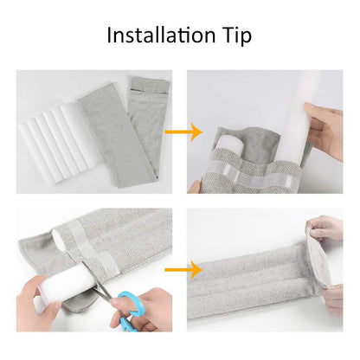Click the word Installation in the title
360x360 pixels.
pos(157,35)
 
